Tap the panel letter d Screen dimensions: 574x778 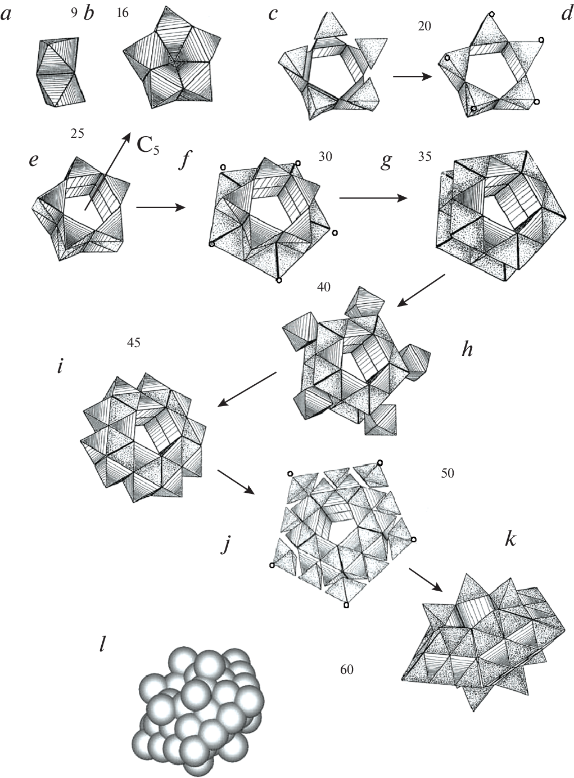coord(566,14)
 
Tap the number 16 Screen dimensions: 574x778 coord(123,13)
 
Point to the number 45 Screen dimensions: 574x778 coord(134,343)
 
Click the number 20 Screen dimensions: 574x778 coord(424,26)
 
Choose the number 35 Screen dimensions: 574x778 coord(424,156)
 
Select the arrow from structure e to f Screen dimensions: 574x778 coord(160,208)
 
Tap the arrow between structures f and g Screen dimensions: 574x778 coord(373,198)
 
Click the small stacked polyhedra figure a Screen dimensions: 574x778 coord(60,72)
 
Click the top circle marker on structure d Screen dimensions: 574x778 coord(492,14)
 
